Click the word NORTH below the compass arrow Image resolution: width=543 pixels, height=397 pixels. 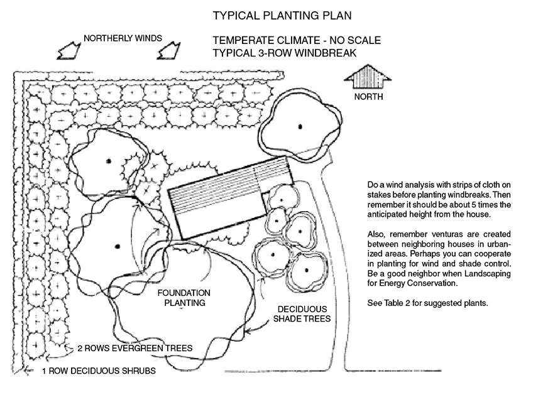(x=368, y=97)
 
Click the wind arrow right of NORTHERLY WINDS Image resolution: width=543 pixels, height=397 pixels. (x=170, y=48)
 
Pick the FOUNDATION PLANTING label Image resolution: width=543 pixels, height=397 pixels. (x=184, y=298)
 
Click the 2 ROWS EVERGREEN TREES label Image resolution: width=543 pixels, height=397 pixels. (x=134, y=347)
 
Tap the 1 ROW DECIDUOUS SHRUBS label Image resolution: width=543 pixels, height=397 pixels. (x=98, y=371)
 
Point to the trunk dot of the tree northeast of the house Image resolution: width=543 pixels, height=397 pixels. (x=300, y=125)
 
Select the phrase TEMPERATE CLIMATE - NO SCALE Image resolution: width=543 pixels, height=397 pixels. (x=297, y=41)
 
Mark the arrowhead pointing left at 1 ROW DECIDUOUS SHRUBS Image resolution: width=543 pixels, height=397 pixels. (x=26, y=371)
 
